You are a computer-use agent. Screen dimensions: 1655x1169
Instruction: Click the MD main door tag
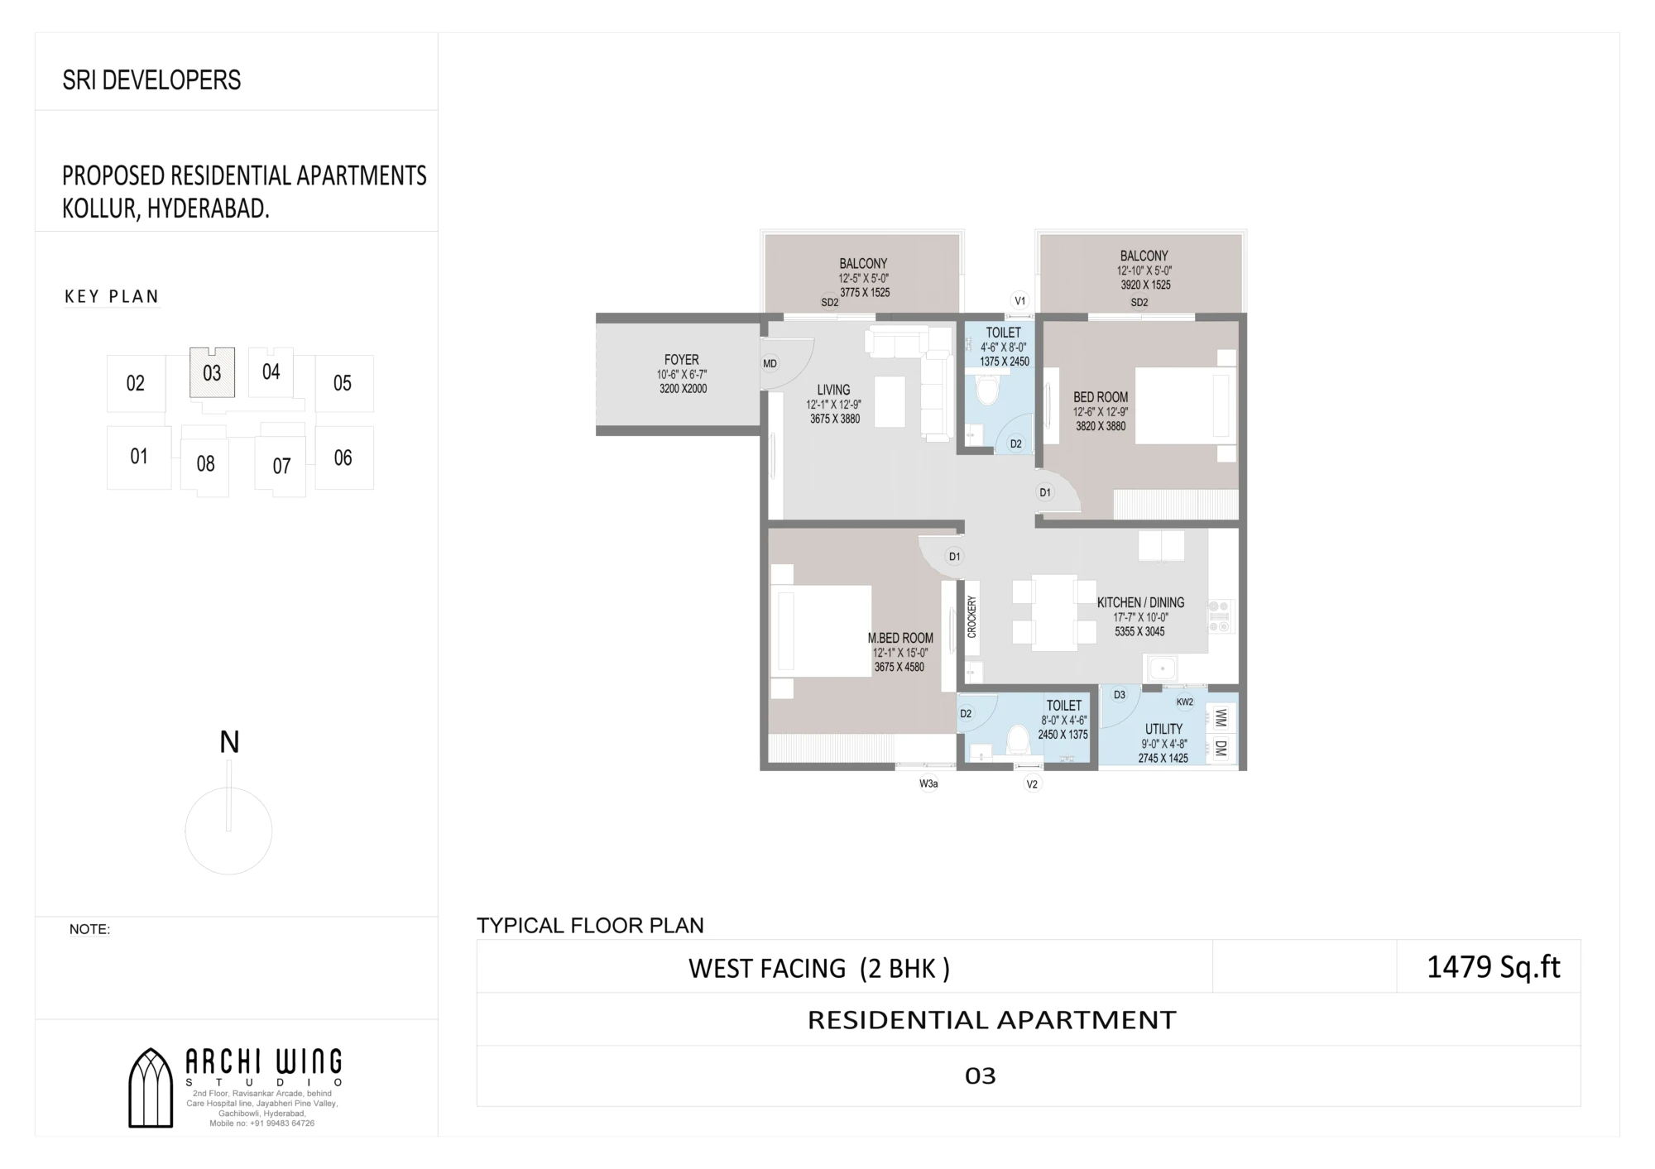[770, 363]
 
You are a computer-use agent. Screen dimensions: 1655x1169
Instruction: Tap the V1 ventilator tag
[1019, 301]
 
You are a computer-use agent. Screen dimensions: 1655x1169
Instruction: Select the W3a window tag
[928, 783]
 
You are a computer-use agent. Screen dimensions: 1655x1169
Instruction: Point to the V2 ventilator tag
[1032, 783]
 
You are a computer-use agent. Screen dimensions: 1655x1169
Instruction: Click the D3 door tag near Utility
[1120, 695]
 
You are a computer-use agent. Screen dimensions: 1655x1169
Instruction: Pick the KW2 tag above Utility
[1185, 702]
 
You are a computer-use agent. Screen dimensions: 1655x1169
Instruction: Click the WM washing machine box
[1221, 718]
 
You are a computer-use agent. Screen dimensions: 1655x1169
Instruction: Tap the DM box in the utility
[1221, 749]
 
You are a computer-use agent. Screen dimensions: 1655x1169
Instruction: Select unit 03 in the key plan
[212, 372]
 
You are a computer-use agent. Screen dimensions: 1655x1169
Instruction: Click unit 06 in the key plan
[343, 458]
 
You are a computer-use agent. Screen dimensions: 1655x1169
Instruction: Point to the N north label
[229, 742]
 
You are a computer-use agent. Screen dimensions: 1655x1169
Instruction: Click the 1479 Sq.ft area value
[1494, 966]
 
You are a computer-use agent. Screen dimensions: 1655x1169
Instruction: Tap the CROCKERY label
[972, 616]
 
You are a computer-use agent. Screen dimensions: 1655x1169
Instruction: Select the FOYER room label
[682, 360]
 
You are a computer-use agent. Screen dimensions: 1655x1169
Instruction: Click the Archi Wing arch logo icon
[151, 1087]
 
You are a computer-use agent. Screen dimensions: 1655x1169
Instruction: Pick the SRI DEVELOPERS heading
[151, 80]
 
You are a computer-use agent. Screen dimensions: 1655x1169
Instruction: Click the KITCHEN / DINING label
[1140, 602]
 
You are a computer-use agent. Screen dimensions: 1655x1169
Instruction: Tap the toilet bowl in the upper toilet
[988, 389]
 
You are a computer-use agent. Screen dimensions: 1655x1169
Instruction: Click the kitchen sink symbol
[1163, 668]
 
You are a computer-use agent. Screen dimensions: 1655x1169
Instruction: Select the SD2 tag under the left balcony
[830, 303]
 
